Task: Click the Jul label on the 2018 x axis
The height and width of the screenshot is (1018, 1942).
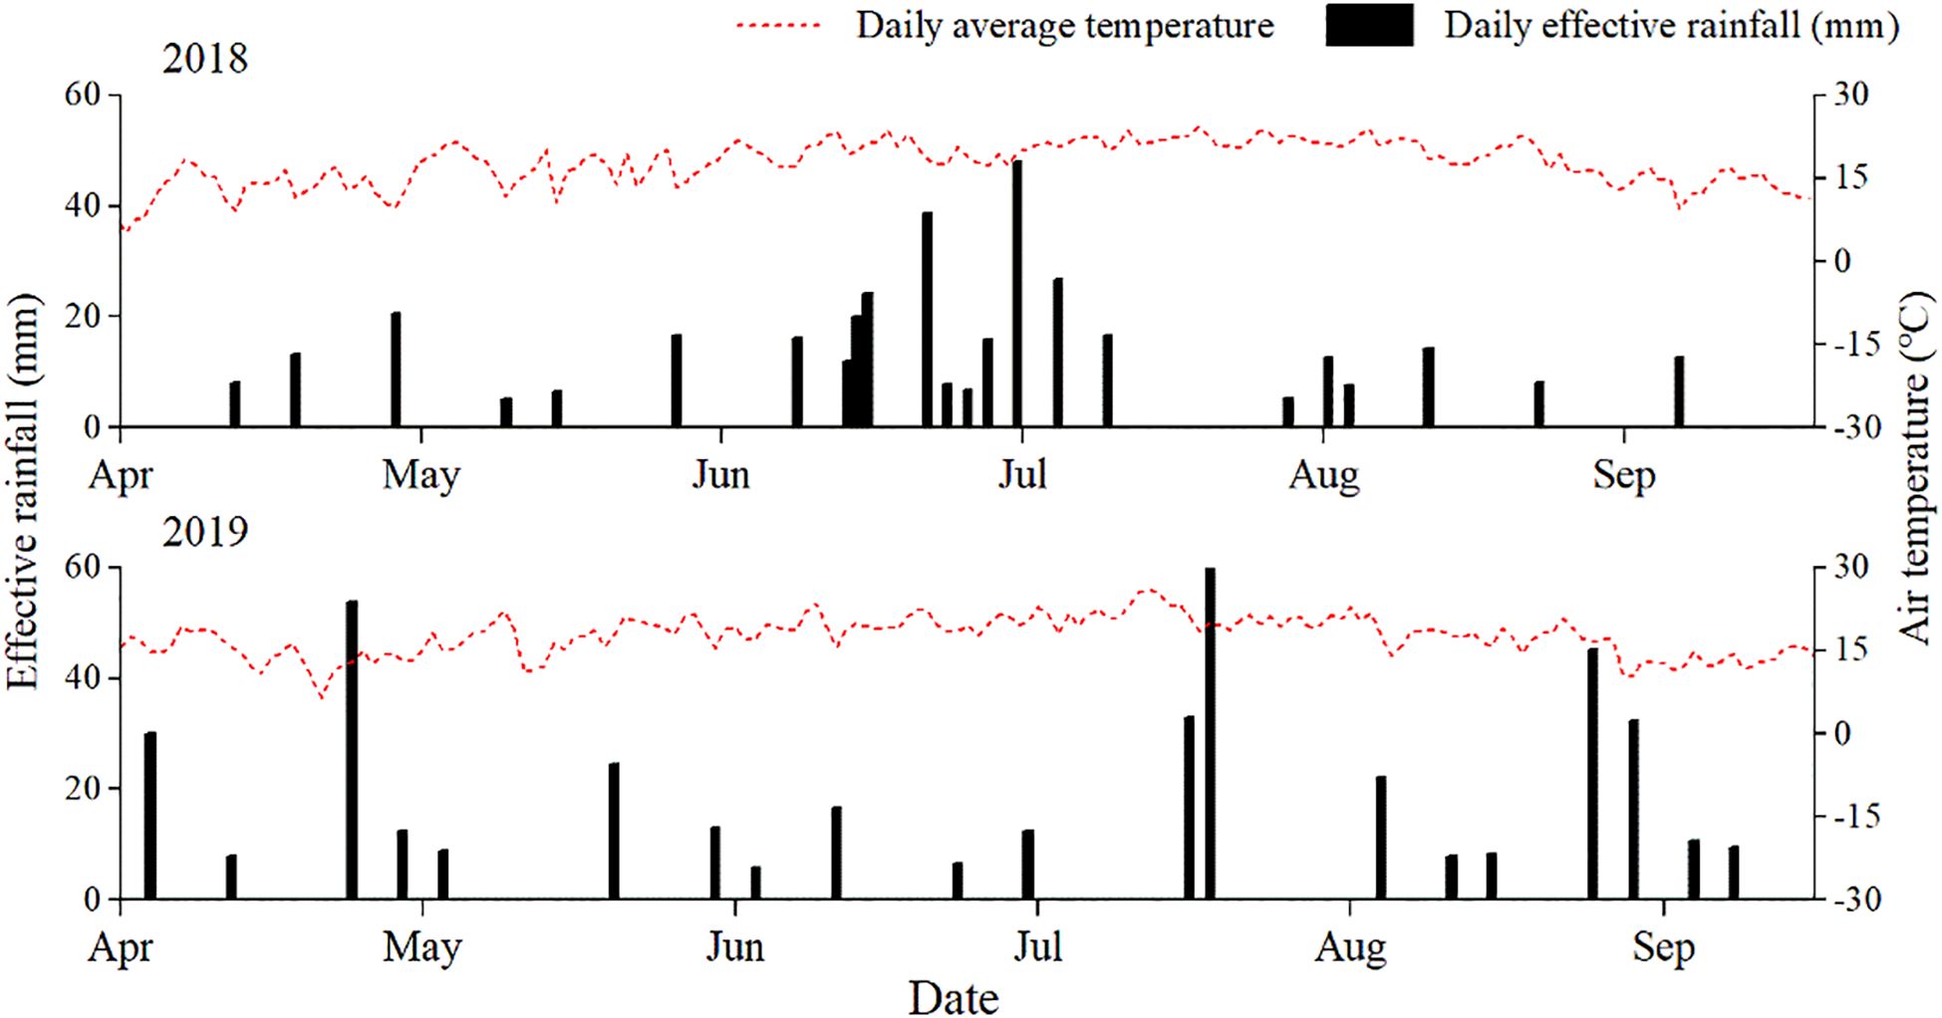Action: coord(1022,474)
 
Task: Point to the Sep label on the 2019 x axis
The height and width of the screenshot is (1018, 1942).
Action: coord(1662,946)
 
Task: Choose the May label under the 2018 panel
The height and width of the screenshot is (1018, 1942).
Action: coord(420,474)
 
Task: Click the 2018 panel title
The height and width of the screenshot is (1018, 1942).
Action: coord(204,59)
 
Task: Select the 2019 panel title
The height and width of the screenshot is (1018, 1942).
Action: coord(204,532)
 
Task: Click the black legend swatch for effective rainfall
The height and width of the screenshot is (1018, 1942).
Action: coord(1368,26)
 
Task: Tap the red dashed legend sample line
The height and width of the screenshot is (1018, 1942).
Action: coord(779,26)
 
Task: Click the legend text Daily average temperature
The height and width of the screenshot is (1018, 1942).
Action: coord(1064,26)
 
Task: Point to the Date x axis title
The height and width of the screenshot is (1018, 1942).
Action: coord(953,997)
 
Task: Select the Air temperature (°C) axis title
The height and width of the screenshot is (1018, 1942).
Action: coord(1914,468)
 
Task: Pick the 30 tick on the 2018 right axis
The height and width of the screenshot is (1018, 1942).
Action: coord(1851,95)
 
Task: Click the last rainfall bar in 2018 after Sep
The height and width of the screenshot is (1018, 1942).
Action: coord(1678,391)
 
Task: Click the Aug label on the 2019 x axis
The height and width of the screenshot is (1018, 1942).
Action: coord(1349,946)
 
